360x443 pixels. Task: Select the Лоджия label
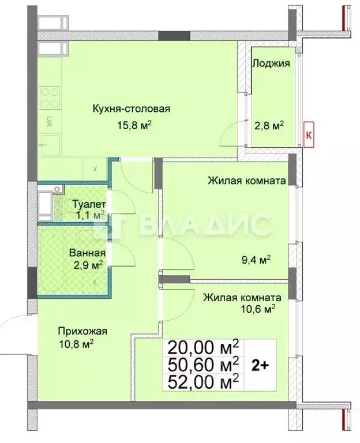click(271, 63)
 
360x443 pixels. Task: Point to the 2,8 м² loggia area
click(271, 125)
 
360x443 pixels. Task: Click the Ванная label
click(87, 253)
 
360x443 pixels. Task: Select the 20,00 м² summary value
click(202, 348)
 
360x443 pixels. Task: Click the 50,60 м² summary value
click(202, 364)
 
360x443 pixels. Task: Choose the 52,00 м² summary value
click(202, 381)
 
